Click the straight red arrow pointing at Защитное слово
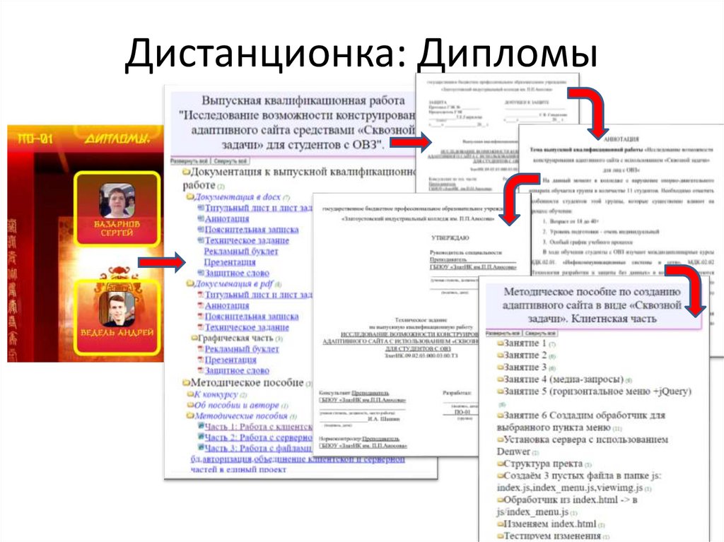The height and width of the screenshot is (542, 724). point(160,263)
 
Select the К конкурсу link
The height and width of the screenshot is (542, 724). point(216,394)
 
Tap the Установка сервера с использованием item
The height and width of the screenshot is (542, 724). point(585,439)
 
